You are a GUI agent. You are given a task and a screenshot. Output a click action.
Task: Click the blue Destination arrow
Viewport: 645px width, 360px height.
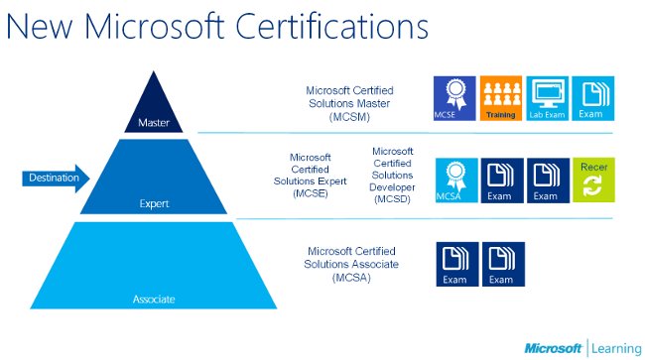tap(55, 179)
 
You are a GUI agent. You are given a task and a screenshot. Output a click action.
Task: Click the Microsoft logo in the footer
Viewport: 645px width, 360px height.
tap(553, 348)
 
